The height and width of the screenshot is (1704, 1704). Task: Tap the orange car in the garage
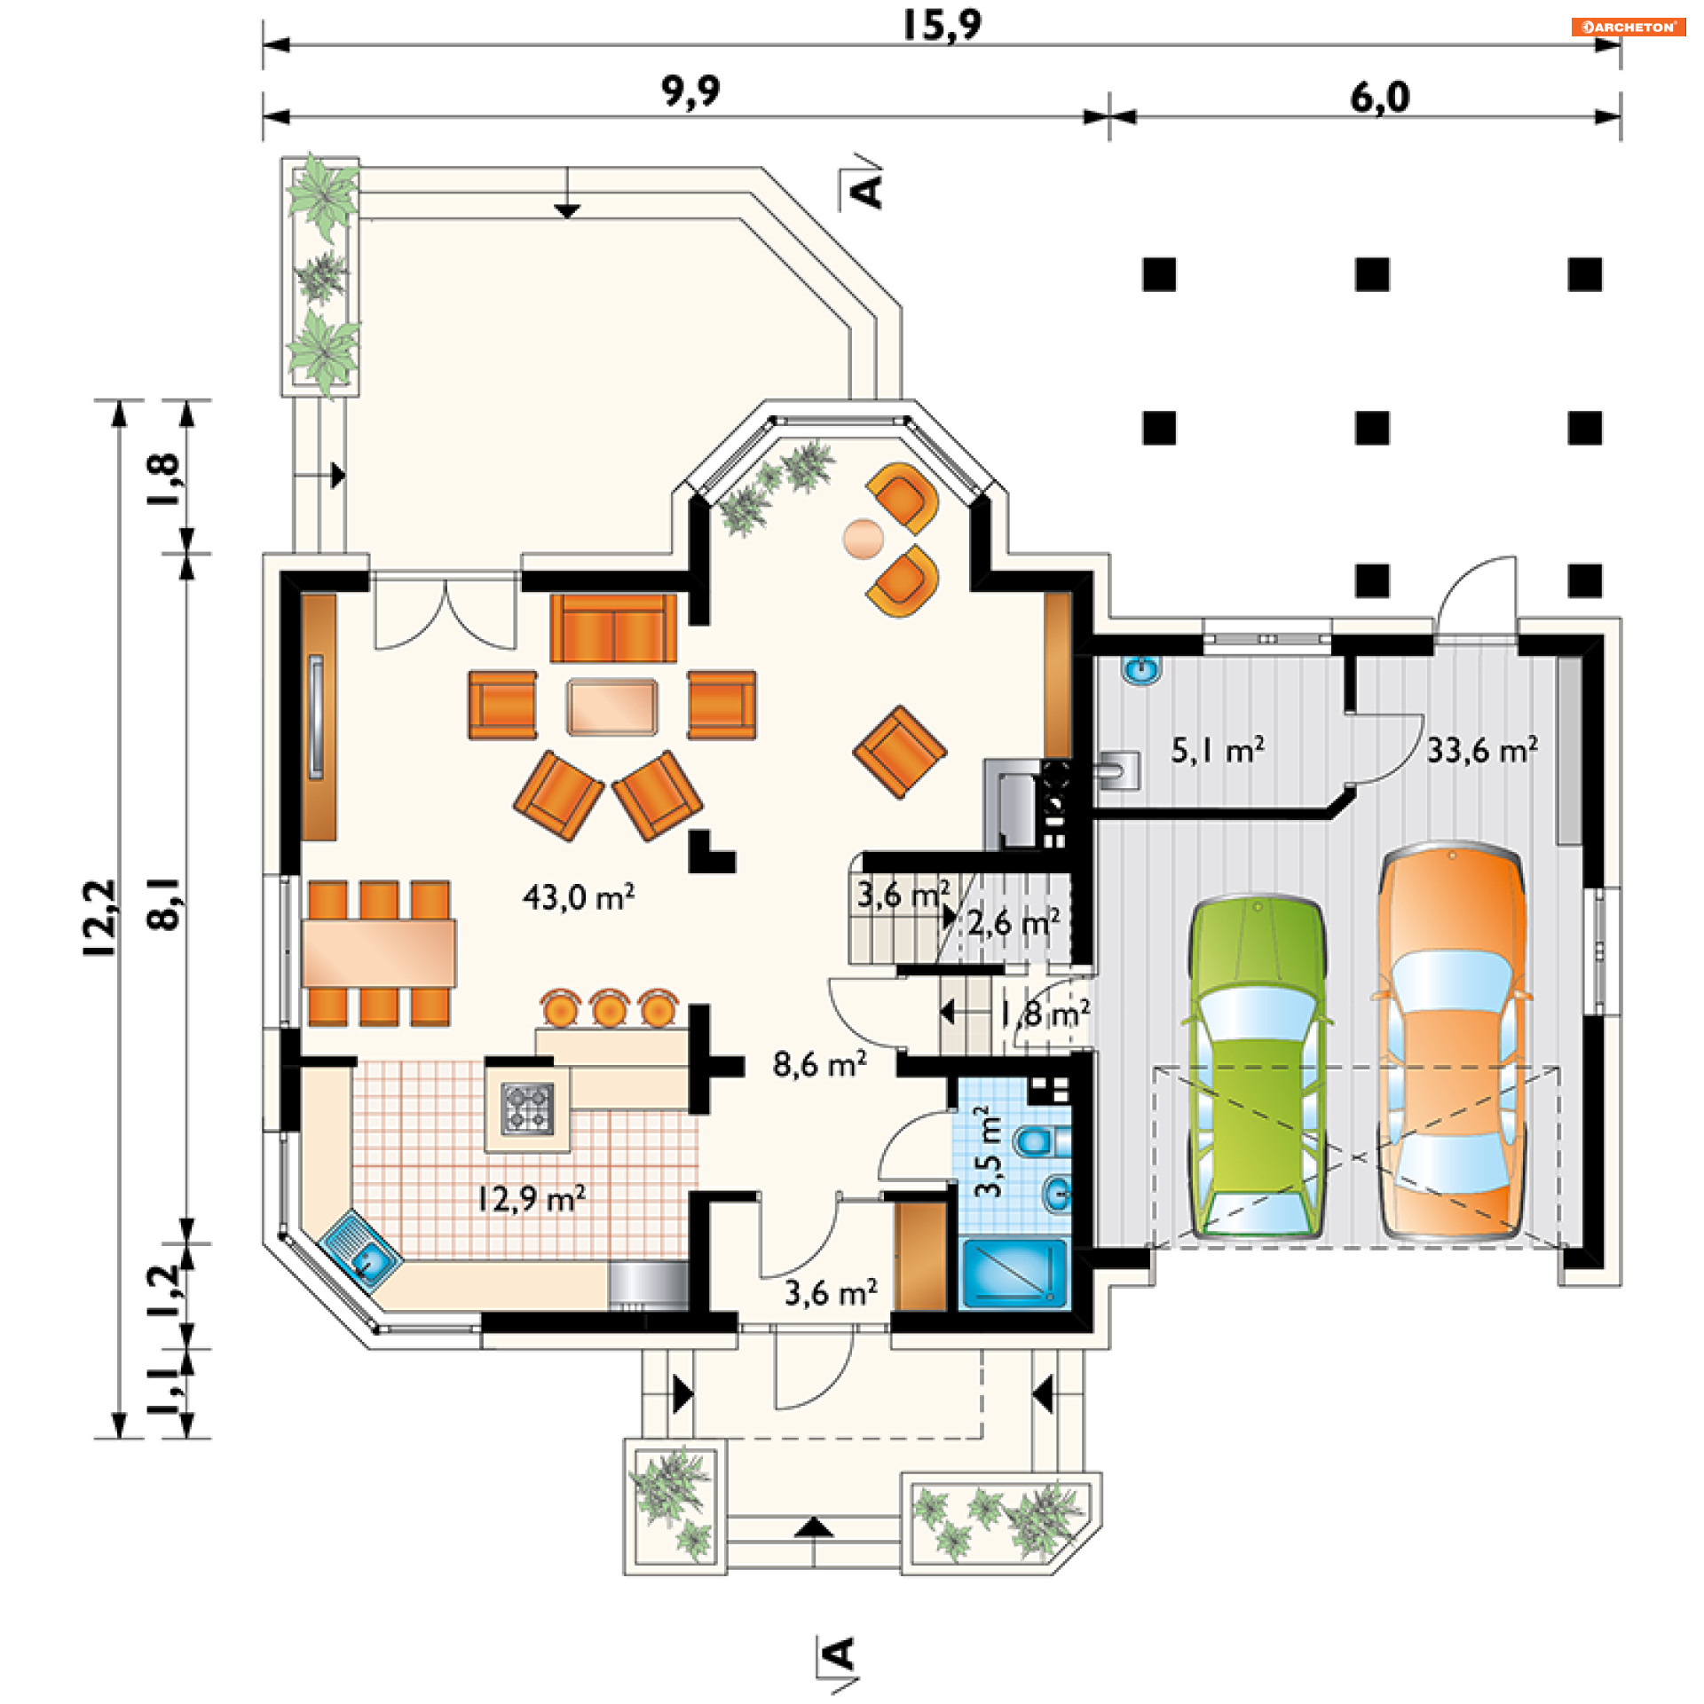1452,1043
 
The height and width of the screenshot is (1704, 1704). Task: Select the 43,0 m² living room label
579,897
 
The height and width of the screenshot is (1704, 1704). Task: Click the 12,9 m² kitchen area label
531,1199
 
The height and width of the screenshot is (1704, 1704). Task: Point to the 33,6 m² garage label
1482,751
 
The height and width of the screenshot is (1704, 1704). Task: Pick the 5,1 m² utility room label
1218,751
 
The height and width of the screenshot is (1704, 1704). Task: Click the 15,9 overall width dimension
942,25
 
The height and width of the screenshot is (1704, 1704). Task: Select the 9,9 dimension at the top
690,91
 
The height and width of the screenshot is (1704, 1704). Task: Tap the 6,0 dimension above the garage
1380,98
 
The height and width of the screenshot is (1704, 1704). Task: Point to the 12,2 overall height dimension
100,918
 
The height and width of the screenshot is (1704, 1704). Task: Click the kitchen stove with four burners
527,1108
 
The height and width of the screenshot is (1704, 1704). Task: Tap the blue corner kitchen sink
360,1249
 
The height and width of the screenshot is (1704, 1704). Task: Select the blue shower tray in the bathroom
1014,1273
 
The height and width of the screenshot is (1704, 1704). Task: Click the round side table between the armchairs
863,539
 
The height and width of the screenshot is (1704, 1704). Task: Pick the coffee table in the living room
612,706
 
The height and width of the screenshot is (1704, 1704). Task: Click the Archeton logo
1628,27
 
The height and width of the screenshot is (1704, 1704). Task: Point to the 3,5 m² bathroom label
988,1151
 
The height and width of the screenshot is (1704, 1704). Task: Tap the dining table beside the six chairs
379,953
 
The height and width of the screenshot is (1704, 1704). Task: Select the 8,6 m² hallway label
819,1064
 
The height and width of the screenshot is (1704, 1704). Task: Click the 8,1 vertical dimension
164,903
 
